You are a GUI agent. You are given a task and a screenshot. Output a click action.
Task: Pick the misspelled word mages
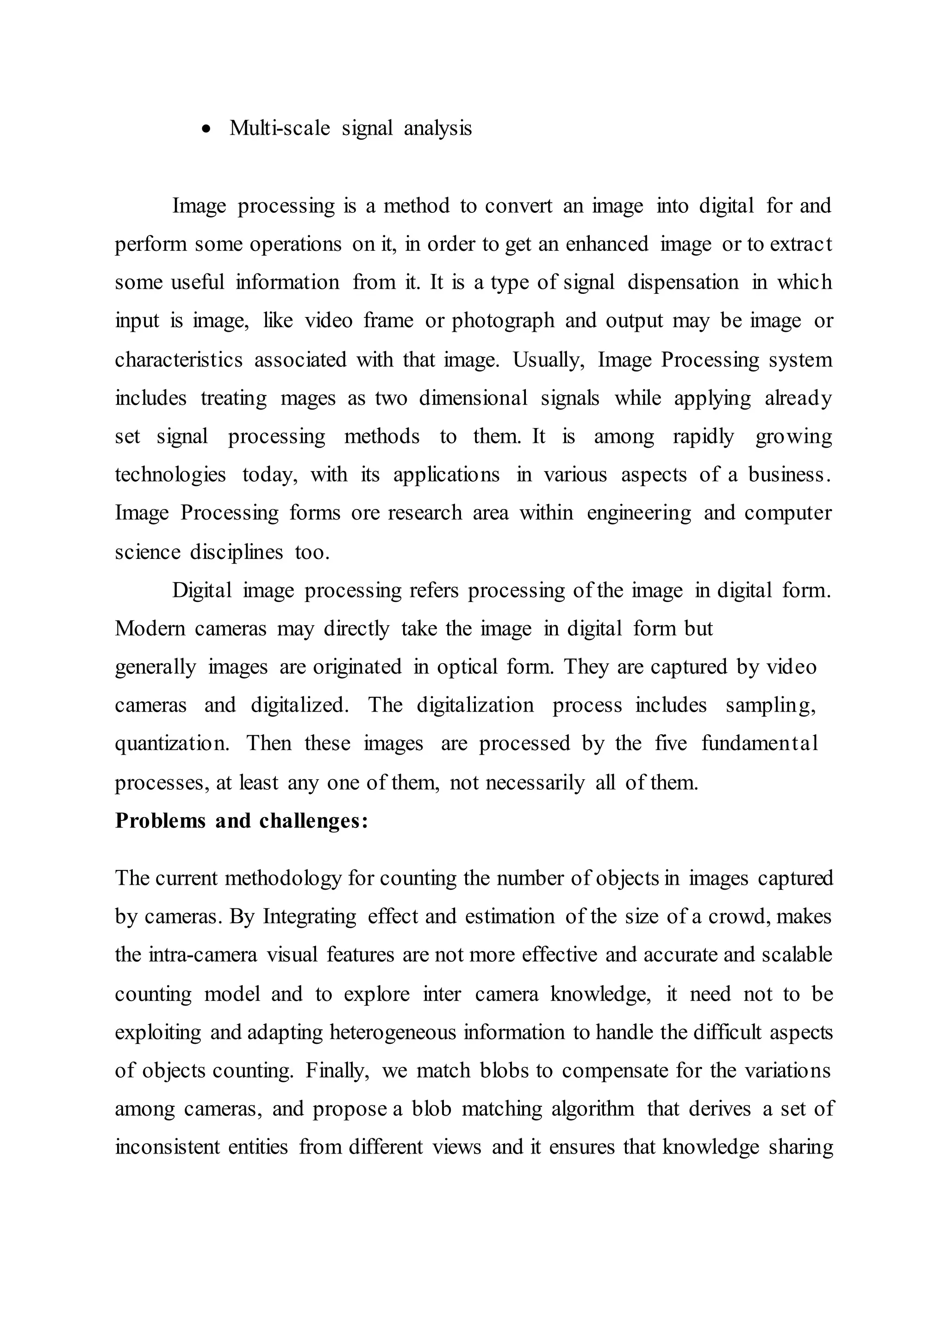pyautogui.click(x=308, y=398)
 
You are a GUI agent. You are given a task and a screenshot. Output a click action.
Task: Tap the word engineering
pyautogui.click(x=639, y=514)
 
